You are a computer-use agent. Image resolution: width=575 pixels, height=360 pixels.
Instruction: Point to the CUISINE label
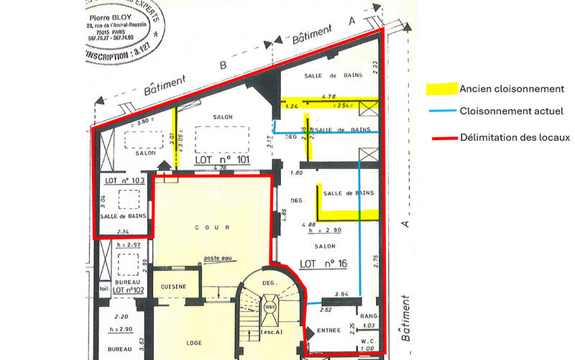pyautogui.click(x=173, y=287)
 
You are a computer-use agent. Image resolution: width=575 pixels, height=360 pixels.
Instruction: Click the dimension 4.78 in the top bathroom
pyautogui.click(x=329, y=96)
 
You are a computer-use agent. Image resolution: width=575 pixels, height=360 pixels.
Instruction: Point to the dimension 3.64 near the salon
pyautogui.click(x=341, y=295)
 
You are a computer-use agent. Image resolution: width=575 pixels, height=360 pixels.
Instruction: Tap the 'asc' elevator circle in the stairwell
pyautogui.click(x=271, y=304)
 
